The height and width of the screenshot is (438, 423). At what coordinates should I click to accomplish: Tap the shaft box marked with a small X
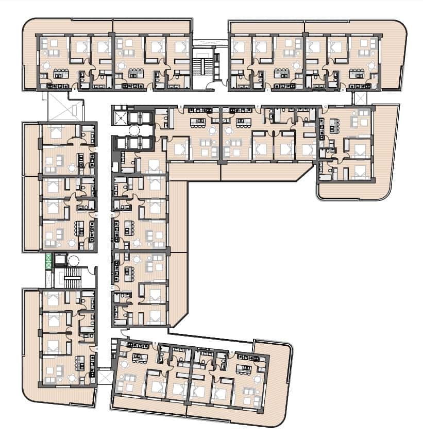click(120, 117)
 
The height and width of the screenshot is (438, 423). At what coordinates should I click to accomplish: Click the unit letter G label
click(325, 107)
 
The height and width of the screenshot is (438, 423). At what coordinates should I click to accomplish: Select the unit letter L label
click(96, 149)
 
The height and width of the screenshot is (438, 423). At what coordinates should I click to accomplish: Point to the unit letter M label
click(96, 215)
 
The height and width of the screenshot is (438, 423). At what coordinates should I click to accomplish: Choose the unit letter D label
click(112, 214)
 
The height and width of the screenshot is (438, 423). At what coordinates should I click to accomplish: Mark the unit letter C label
click(112, 287)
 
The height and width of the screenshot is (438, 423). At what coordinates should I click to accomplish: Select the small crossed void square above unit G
click(360, 98)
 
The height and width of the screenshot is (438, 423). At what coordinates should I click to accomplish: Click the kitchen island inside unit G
click(333, 125)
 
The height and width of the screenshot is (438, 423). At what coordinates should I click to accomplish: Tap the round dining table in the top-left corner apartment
click(46, 65)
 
